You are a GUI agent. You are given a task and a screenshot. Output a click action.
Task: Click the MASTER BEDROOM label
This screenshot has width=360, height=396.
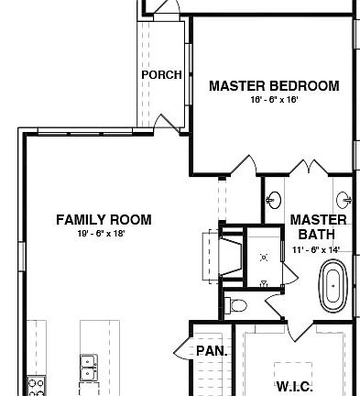tap(274, 86)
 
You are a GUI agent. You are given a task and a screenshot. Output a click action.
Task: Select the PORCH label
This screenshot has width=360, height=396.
tap(161, 75)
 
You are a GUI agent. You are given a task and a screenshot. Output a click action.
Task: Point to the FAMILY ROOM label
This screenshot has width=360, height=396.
tap(104, 220)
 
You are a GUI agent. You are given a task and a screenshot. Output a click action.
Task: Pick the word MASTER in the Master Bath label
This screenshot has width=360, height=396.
tap(319, 220)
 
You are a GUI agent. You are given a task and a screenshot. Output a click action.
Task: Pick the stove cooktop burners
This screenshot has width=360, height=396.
tap(37, 386)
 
